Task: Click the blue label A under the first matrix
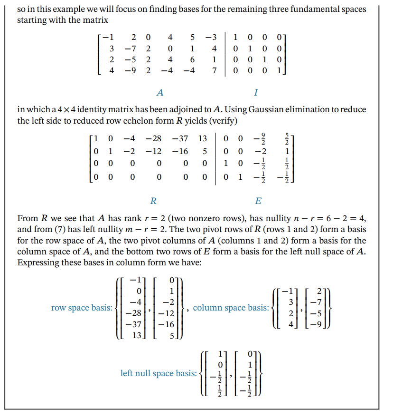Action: click(x=160, y=92)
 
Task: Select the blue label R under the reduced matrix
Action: click(x=153, y=201)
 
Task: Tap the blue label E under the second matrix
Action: click(x=258, y=201)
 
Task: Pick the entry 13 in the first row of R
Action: click(x=202, y=139)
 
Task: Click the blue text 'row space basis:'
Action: click(x=82, y=308)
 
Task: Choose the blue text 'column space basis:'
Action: click(x=231, y=308)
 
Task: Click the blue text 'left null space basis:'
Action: click(x=158, y=373)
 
